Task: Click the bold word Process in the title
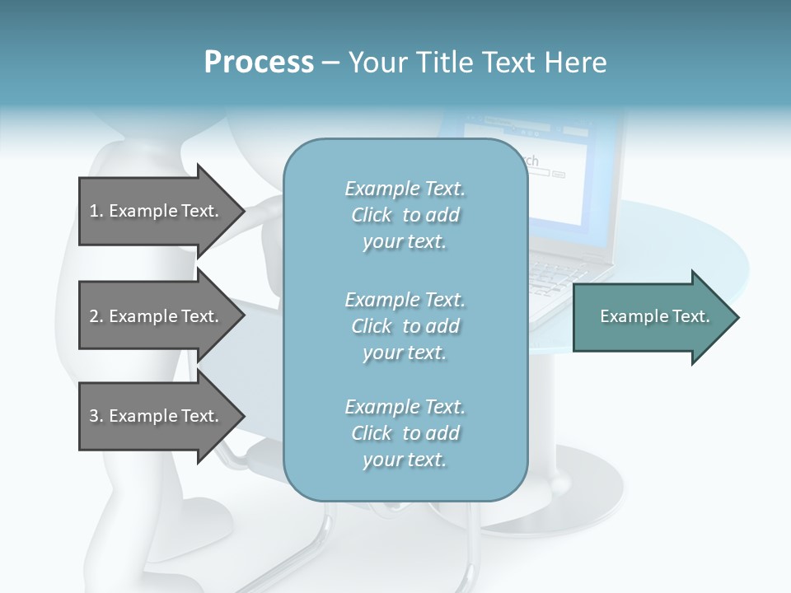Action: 259,63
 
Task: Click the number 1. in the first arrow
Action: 96,211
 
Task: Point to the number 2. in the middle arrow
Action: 96,316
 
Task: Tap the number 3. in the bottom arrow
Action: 96,416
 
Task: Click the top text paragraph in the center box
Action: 405,215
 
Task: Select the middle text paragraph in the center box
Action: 405,325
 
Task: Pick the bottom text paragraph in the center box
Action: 405,433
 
